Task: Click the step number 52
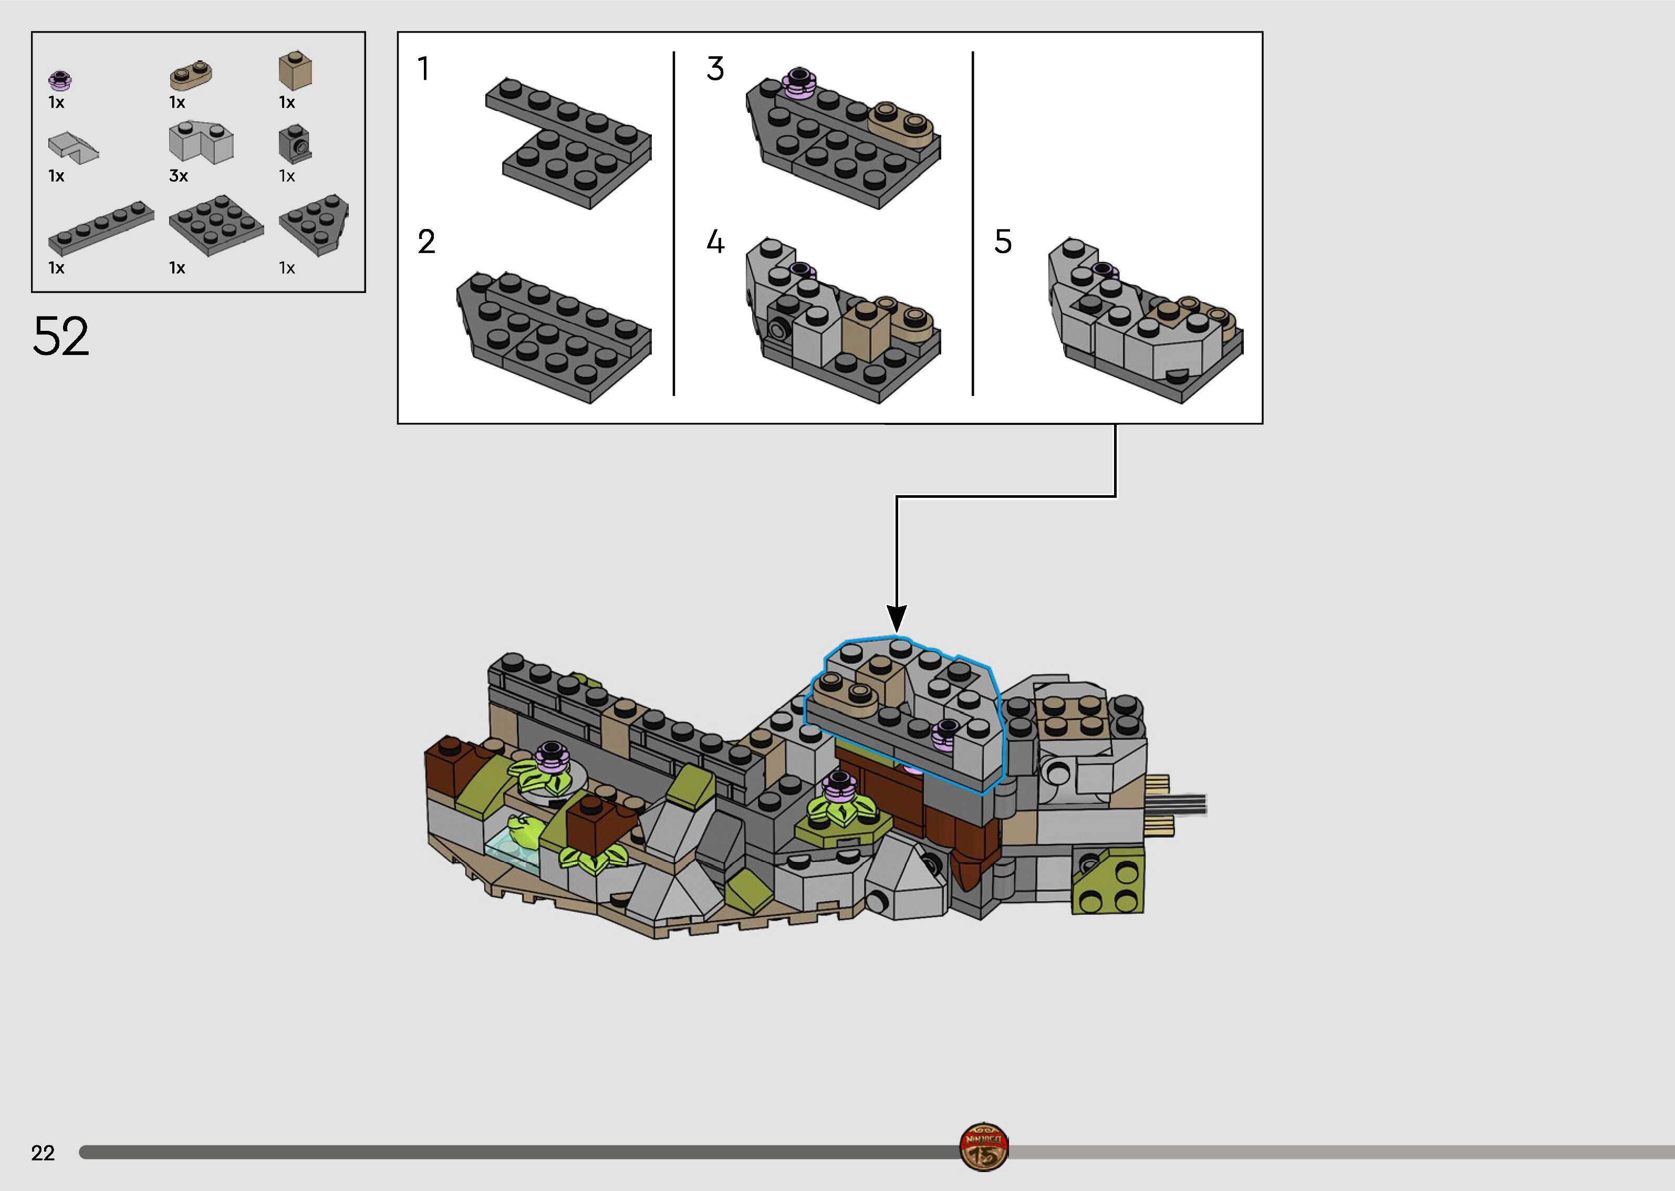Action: coord(61,337)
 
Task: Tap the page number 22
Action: coord(43,1153)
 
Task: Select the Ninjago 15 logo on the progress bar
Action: coord(983,1146)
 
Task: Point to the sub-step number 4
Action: coord(715,242)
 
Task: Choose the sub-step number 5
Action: coord(1003,242)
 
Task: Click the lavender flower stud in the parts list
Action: coord(60,79)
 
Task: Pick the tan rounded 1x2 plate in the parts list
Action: coord(191,74)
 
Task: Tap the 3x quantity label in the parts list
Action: coord(178,176)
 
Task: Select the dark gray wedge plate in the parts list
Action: coord(315,224)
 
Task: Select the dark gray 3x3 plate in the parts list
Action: coord(216,224)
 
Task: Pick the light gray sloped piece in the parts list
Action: coord(72,146)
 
